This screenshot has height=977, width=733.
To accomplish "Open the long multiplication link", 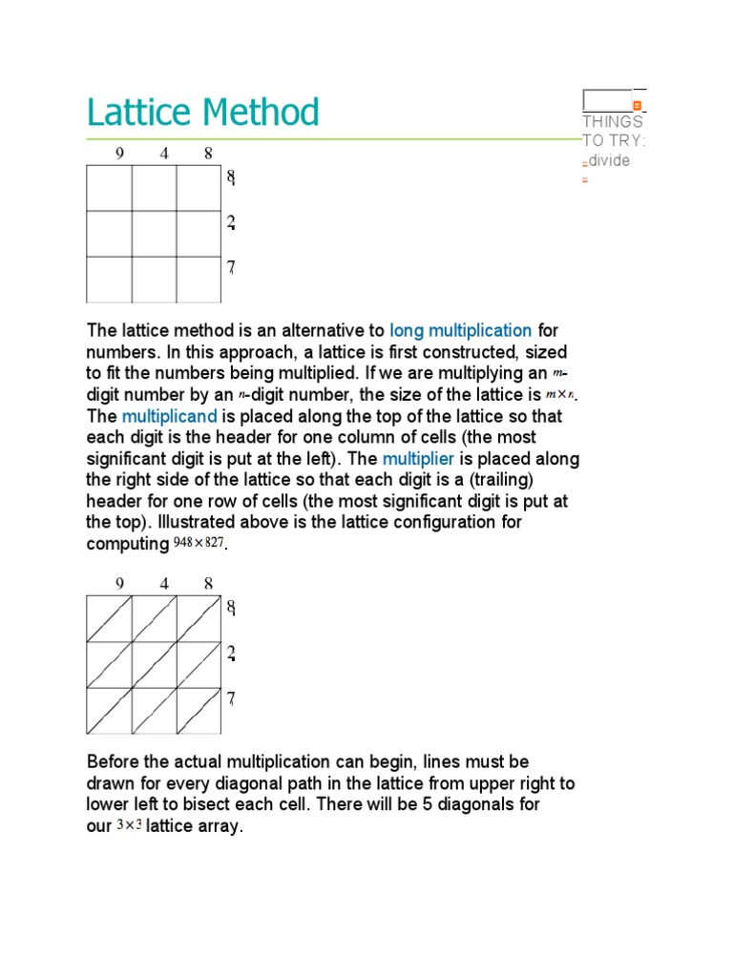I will (460, 331).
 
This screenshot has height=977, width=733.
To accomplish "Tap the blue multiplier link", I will (418, 459).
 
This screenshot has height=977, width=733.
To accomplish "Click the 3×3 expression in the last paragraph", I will (129, 826).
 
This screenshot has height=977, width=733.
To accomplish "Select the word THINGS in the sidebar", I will (612, 122).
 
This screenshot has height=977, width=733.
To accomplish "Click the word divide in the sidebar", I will (609, 160).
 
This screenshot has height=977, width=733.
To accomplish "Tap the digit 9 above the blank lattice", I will (119, 153).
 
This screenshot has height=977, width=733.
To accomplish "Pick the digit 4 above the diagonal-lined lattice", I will (164, 583).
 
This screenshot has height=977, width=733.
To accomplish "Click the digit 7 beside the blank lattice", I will (231, 268).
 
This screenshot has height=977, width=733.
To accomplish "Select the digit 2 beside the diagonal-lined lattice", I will (231, 654).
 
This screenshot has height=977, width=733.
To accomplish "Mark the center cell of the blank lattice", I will (154, 234).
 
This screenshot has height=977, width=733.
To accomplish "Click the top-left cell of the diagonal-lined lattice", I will (109, 619).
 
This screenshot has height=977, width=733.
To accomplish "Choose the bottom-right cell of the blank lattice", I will (199, 279).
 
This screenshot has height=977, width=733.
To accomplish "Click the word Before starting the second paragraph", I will (116, 762).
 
